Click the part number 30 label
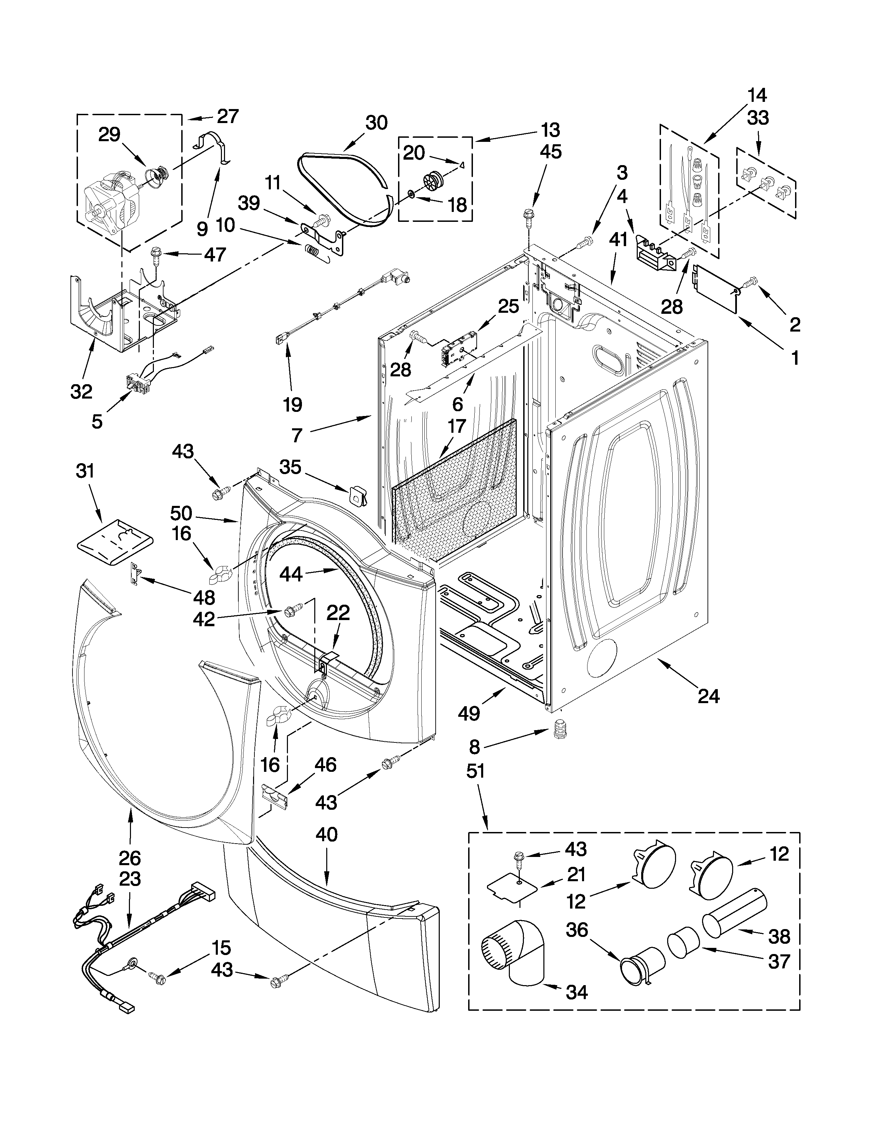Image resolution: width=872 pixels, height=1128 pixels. [x=376, y=123]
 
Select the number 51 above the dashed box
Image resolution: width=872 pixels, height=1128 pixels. [x=475, y=771]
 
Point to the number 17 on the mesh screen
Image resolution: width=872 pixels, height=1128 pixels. [x=457, y=426]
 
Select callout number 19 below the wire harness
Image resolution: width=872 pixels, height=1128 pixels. [x=292, y=404]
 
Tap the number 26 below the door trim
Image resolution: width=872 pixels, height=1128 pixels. [x=130, y=858]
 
